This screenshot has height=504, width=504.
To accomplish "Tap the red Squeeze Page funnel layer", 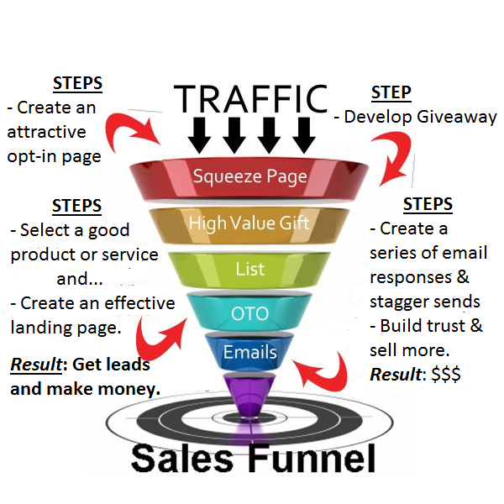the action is (250, 177).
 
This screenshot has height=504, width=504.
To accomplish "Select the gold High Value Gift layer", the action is (250, 223).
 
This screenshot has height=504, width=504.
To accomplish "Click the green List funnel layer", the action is (250, 270).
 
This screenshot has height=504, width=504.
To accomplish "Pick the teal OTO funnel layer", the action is (250, 314).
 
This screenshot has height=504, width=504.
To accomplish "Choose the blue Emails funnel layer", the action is (250, 353).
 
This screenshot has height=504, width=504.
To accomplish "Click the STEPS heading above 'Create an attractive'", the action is (77, 83).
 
